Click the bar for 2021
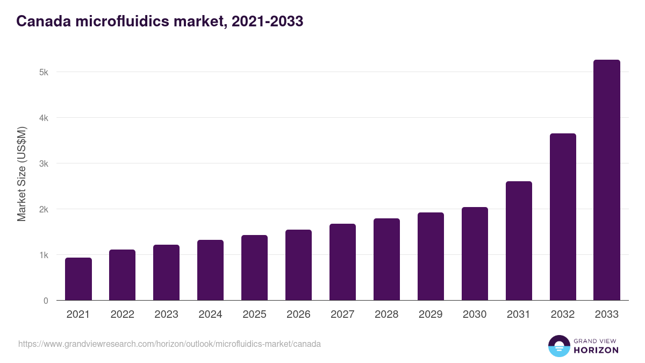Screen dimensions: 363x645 [78, 279]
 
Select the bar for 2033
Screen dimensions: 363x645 [607, 180]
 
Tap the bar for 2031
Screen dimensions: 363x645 [519, 241]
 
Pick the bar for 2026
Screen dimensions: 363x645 [298, 265]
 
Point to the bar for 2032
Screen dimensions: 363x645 [563, 217]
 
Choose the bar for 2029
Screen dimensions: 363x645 [431, 257]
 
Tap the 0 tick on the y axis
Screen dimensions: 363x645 [46, 301]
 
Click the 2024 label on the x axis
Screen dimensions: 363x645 [210, 315]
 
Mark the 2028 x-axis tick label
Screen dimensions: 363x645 [386, 315]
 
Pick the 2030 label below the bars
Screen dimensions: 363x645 [475, 315]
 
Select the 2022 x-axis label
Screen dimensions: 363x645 [122, 315]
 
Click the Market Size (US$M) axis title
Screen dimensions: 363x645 [21, 174]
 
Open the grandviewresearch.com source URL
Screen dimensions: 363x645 [169, 344]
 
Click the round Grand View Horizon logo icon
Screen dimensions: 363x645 [559, 346]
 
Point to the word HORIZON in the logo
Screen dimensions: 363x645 [596, 350]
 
